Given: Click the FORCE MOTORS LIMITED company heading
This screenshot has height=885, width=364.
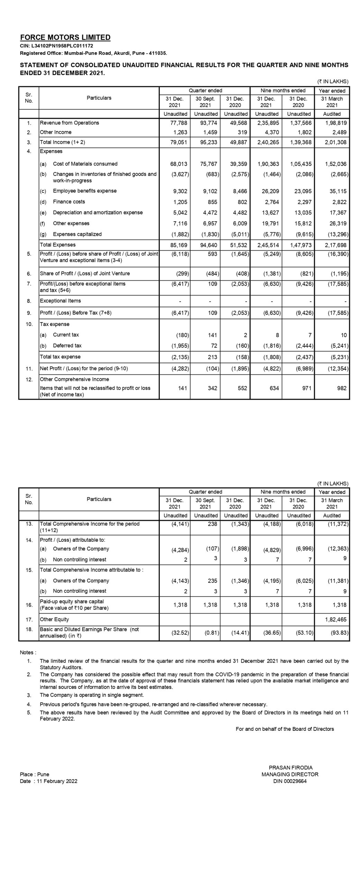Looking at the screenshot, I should [x=65, y=37].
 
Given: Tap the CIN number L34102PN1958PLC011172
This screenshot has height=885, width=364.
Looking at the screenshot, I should [x=56, y=46].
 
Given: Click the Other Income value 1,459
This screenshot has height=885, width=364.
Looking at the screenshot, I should [x=210, y=132].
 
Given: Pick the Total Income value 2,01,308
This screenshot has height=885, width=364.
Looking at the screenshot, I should [x=335, y=142].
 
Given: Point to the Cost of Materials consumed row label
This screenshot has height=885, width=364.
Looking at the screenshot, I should [x=85, y=164].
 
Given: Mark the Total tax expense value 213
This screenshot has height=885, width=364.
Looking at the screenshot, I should [x=212, y=357].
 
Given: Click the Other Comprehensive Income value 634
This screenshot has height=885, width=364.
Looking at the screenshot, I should [x=274, y=388].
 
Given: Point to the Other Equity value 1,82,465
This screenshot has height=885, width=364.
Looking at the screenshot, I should [x=335, y=619].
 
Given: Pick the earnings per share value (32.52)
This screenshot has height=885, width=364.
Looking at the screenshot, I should [x=180, y=633].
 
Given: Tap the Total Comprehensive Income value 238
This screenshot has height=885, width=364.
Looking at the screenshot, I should [x=212, y=524].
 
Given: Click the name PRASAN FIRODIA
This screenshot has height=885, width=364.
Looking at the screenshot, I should [x=290, y=768].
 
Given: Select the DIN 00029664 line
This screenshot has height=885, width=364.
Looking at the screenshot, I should [x=290, y=781].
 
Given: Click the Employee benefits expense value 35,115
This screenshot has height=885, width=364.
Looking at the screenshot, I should [x=338, y=191].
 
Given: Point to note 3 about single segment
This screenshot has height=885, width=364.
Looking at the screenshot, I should [x=92, y=695].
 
